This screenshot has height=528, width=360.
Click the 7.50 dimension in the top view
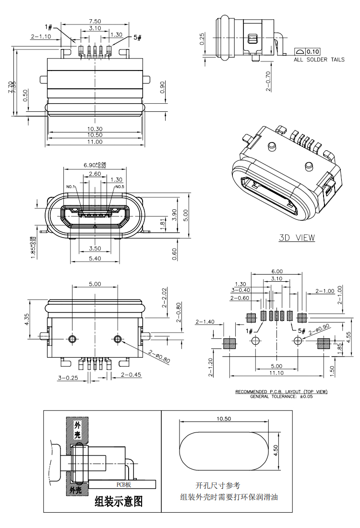point(95,21)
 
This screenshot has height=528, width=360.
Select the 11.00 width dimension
point(95,142)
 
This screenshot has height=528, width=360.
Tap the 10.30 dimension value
point(95,129)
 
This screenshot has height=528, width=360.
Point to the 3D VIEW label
point(297,238)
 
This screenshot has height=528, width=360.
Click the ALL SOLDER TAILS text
point(319,60)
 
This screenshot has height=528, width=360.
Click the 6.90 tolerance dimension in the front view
point(95,165)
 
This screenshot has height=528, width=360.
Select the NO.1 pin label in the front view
point(71,187)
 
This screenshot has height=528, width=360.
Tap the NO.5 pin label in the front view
point(120,187)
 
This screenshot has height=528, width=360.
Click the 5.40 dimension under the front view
point(95,258)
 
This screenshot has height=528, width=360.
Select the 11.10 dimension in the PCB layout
point(276,373)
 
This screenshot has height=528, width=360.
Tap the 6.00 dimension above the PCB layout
point(277,271)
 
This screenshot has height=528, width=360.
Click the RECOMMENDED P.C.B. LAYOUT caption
point(281,392)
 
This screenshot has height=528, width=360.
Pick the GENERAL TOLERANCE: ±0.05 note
point(281,396)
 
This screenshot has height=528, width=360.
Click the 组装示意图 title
point(119,502)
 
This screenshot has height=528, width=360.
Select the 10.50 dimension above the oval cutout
point(224,419)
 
